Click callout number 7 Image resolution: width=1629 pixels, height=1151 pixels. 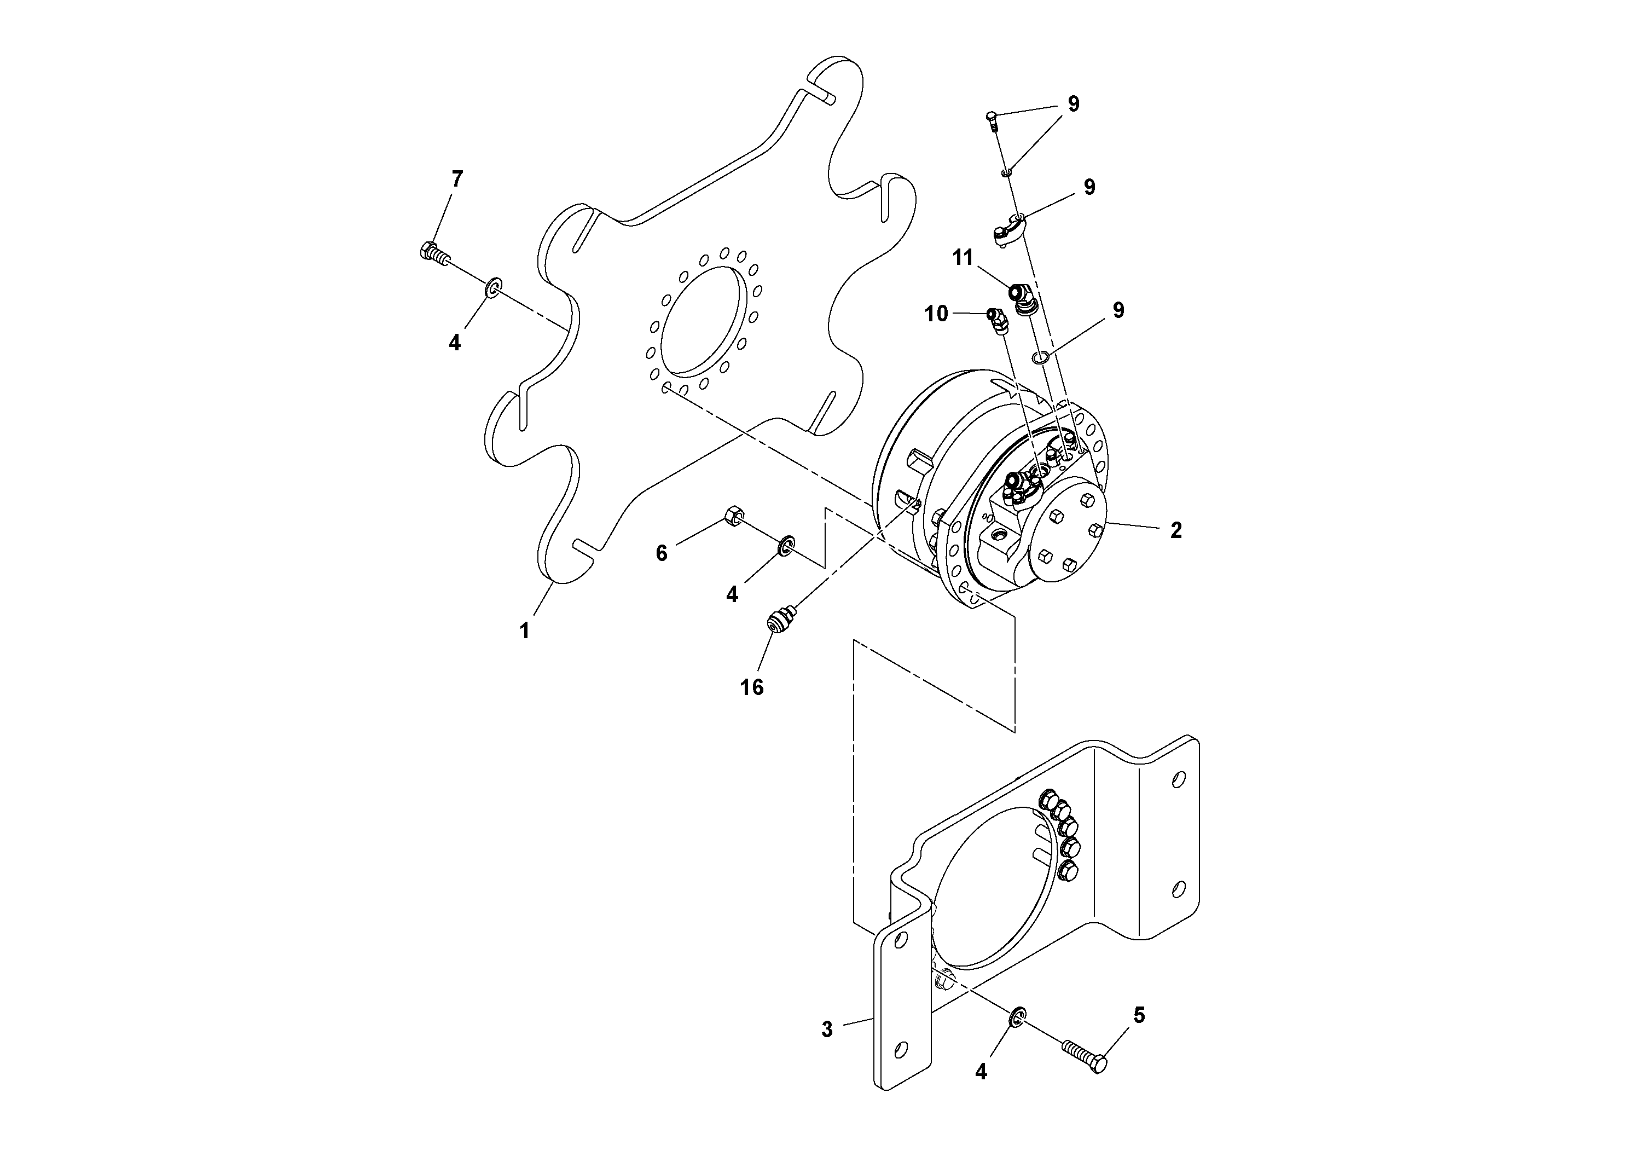457,179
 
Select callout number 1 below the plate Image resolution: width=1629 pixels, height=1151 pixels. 524,630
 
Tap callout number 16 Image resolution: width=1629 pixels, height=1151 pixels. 752,687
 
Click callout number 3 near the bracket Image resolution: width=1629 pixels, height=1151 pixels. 827,1029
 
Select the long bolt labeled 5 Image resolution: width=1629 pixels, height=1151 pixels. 1086,1053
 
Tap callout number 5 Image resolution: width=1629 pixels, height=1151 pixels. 1139,1015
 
